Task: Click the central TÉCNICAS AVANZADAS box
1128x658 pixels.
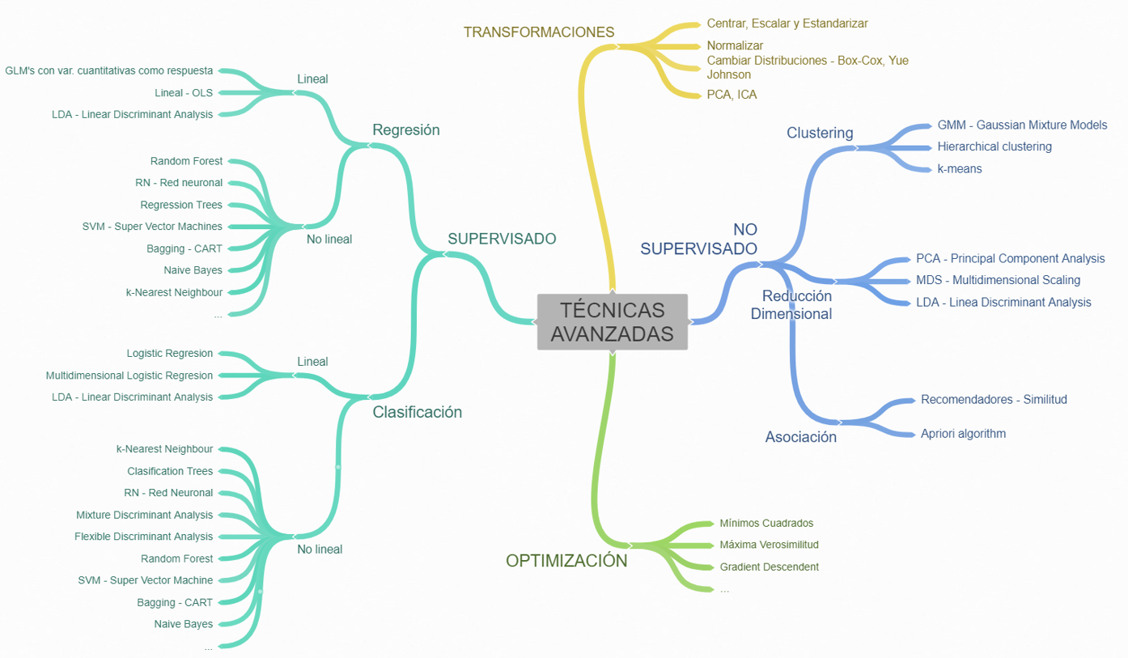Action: pos(612,321)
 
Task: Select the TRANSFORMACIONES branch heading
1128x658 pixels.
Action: pos(539,32)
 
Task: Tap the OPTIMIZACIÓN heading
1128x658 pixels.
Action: pos(566,560)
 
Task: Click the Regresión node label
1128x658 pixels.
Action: pos(406,129)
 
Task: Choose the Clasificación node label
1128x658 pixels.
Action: pos(417,412)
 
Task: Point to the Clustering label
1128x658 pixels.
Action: pos(820,133)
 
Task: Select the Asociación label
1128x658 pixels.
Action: pos(801,437)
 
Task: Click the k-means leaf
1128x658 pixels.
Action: pos(960,168)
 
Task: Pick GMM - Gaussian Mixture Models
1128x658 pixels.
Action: pos(1022,125)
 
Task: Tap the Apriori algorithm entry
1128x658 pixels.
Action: pos(963,433)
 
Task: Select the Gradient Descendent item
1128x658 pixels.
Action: pos(769,567)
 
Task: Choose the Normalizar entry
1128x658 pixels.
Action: pos(735,45)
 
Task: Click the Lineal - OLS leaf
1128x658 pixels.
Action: pos(184,93)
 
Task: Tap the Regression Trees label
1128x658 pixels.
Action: pos(181,205)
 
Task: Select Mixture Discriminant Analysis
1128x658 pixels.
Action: pos(145,515)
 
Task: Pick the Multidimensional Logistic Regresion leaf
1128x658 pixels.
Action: pos(129,376)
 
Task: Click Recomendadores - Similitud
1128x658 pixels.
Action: pos(994,399)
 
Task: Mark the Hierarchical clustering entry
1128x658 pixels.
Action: pos(994,146)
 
